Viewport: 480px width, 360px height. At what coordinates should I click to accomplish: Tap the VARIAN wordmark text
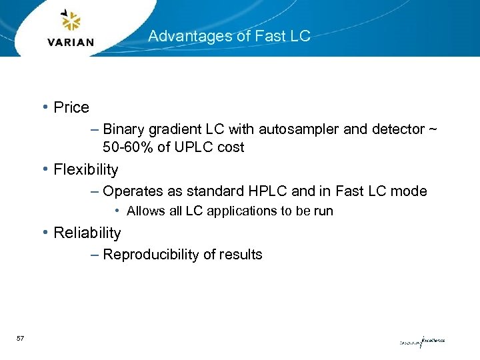(x=71, y=41)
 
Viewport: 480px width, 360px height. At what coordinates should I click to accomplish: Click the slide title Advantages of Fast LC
(x=229, y=36)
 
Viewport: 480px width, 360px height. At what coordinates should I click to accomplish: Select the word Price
(x=71, y=107)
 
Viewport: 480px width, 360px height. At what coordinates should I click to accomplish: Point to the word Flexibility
(x=86, y=169)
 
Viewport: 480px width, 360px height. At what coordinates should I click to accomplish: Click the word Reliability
(x=87, y=233)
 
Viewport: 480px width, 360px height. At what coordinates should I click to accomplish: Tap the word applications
(x=227, y=211)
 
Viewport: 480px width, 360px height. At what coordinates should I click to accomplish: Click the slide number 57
(x=20, y=339)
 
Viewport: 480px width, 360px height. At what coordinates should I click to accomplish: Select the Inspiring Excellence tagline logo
(x=422, y=342)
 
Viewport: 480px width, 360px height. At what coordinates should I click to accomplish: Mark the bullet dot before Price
(x=44, y=107)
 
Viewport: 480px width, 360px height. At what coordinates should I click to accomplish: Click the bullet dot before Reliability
(x=44, y=233)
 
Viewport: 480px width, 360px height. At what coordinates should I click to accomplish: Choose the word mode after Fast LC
(x=408, y=191)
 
